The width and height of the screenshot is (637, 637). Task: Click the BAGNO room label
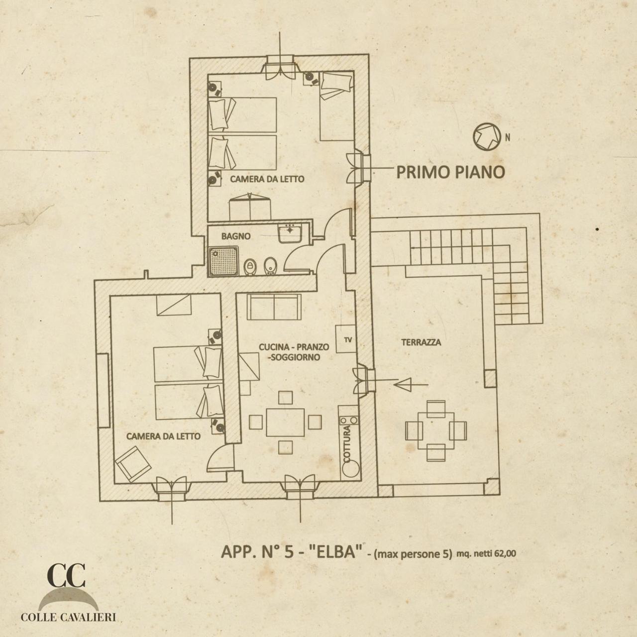coord(236,236)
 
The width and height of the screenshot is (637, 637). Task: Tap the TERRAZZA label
coord(421,342)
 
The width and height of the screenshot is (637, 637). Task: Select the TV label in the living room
coord(348,339)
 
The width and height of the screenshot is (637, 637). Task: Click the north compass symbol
coord(486,136)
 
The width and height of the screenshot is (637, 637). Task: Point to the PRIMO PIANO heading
coord(450,172)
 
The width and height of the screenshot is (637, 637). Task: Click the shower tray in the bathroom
coord(224,261)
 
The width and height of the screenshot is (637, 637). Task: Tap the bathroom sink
coord(290,233)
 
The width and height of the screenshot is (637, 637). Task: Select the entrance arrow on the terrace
coord(411,385)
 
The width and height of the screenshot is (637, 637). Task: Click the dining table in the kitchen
coord(285,423)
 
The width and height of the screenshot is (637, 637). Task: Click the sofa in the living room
coord(274,307)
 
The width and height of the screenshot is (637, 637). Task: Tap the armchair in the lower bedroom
coord(133,464)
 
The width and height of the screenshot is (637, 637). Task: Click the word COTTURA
coord(347,444)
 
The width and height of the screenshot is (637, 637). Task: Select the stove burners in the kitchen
coord(349,421)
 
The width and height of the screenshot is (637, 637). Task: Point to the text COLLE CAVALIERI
coord(68,617)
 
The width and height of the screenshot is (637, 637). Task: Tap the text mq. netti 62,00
coord(486,553)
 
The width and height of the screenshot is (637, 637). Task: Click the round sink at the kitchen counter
coord(351,469)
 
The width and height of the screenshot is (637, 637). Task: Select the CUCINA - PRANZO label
coord(294,347)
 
